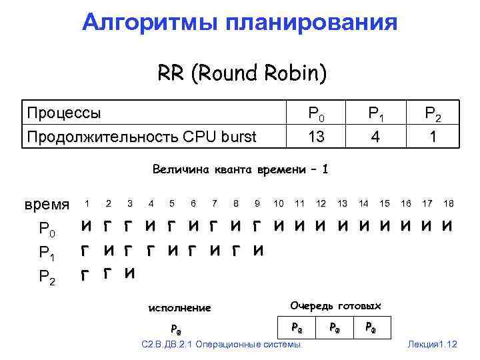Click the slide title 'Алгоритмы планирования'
tap(240, 23)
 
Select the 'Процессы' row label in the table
tap(64, 113)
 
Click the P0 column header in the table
tap(317, 114)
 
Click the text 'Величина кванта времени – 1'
tap(240, 169)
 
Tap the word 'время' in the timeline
tap(47, 204)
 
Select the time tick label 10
tap(279, 203)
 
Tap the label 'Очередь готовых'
tap(335, 306)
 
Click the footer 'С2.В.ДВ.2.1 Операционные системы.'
tap(222, 344)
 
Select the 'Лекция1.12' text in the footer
tap(433, 344)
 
